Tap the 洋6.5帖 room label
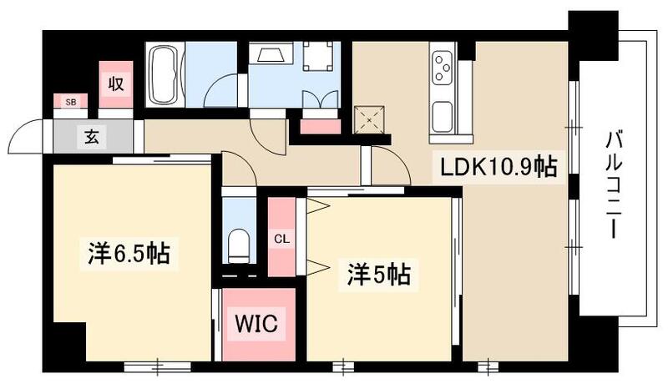[129, 253]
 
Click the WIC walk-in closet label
[256, 321]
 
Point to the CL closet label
[282, 240]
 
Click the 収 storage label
[115, 83]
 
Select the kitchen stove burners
[442, 64]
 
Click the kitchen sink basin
[442, 117]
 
